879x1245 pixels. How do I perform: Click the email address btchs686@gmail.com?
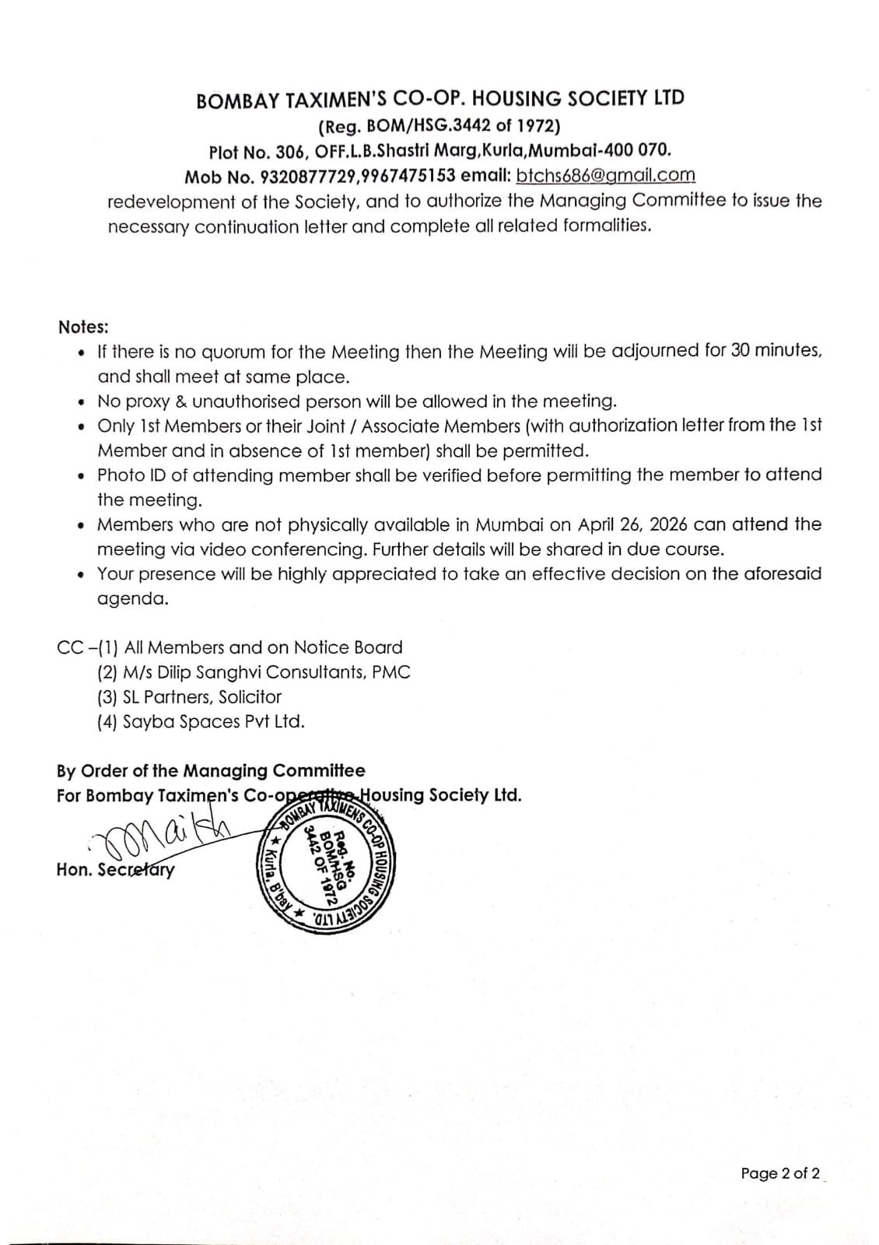605,175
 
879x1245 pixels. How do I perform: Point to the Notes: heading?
83,327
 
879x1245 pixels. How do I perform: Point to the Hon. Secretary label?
115,869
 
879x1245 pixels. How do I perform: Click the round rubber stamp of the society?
325,863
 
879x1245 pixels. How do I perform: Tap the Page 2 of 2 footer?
779,1173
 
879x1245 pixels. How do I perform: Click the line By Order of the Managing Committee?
211,771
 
